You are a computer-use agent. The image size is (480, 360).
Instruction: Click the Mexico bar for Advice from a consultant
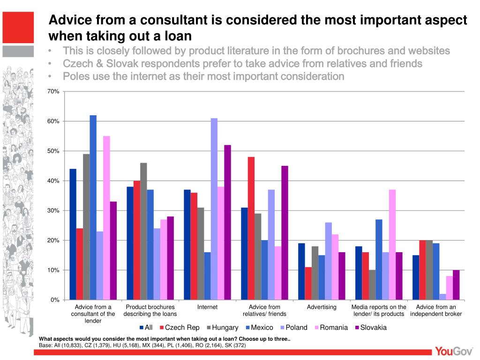coord(93,207)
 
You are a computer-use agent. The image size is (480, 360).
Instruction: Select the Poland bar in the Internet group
coord(214,209)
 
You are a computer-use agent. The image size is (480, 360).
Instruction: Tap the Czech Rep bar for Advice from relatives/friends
coord(251,228)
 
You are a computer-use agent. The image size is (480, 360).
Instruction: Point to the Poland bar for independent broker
coord(442,297)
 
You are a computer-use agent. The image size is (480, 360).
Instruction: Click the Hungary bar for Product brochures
coord(143,231)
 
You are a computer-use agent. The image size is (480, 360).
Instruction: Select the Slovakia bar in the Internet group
coord(227,222)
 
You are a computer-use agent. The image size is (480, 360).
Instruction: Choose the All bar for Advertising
coord(301,271)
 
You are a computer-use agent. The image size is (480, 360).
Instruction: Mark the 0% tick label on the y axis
coord(54,300)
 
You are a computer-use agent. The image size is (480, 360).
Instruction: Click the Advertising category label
coord(322,307)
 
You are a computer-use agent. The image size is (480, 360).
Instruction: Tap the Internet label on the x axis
coord(207,307)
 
